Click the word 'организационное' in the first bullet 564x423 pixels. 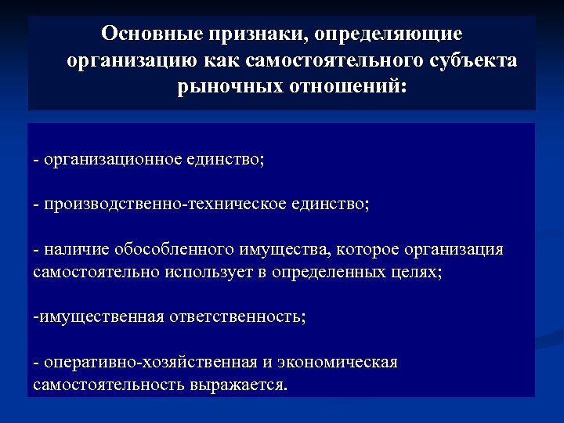click(x=113, y=160)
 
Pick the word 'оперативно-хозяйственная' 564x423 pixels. click(x=150, y=363)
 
